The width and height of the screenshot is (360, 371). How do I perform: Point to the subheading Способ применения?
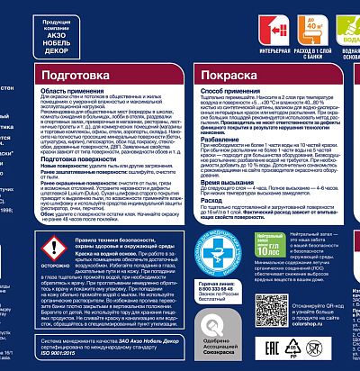tap(214, 93)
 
